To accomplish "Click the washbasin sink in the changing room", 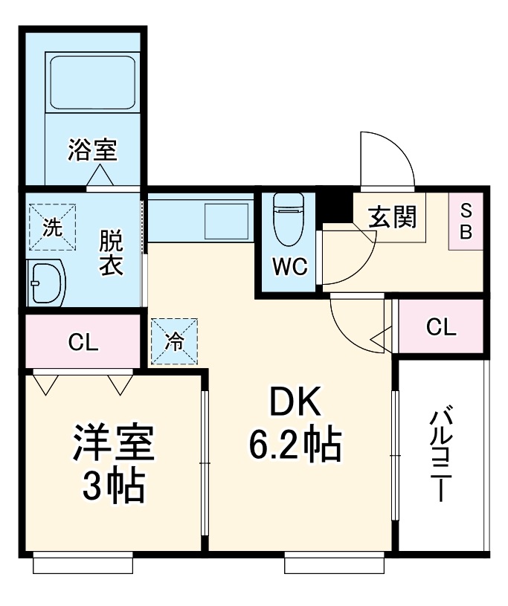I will coord(46,283).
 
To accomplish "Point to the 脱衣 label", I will coord(111,254).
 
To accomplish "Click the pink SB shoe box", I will coord(466,221).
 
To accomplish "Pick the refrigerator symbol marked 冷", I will coord(174,341).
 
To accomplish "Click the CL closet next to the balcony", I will coord(442,327).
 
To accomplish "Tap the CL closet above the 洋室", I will coord(83,342).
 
